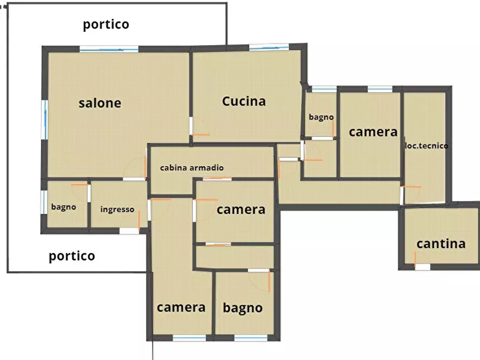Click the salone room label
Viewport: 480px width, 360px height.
pos(100,103)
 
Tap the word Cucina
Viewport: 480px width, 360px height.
pos(243,101)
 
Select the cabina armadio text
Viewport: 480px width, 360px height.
pos(192,168)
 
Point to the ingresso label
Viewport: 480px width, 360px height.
pos(117,210)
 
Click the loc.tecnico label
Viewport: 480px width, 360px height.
pos(426,146)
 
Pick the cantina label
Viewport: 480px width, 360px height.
pos(441,243)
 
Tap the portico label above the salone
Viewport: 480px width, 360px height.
pos(106,24)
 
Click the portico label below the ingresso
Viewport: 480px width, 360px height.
pos(72,256)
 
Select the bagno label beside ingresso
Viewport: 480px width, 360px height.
pos(63,207)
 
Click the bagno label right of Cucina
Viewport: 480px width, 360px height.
pos(321,117)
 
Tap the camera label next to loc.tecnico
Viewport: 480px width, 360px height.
pos(373,132)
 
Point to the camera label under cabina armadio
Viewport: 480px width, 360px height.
pos(241,210)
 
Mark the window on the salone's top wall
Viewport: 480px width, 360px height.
pos(109,49)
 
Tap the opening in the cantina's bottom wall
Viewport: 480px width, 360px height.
pos(422,267)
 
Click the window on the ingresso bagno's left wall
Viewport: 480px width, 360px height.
pos(44,202)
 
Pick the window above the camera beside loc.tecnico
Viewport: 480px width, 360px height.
pos(380,89)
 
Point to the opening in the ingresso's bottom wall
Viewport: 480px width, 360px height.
pos(129,231)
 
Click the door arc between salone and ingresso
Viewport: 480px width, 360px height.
pos(134,169)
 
